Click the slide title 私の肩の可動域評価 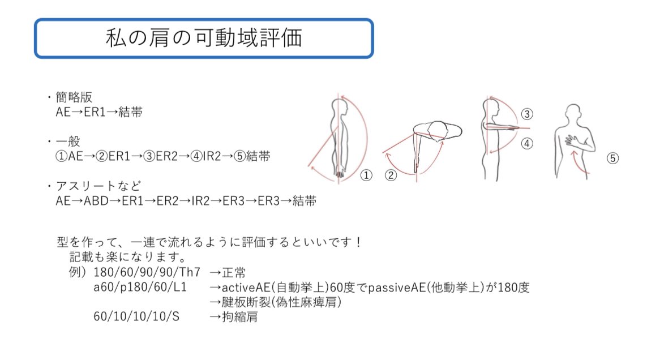pyautogui.click(x=204, y=38)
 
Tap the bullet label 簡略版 pyautogui.click(x=74, y=97)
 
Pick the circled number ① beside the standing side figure pyautogui.click(x=367, y=175)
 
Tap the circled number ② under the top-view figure pyautogui.click(x=391, y=175)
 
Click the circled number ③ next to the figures pyautogui.click(x=527, y=114)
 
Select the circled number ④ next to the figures pyautogui.click(x=527, y=144)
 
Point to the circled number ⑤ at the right pyautogui.click(x=612, y=158)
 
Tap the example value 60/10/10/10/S pyautogui.click(x=136, y=317)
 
